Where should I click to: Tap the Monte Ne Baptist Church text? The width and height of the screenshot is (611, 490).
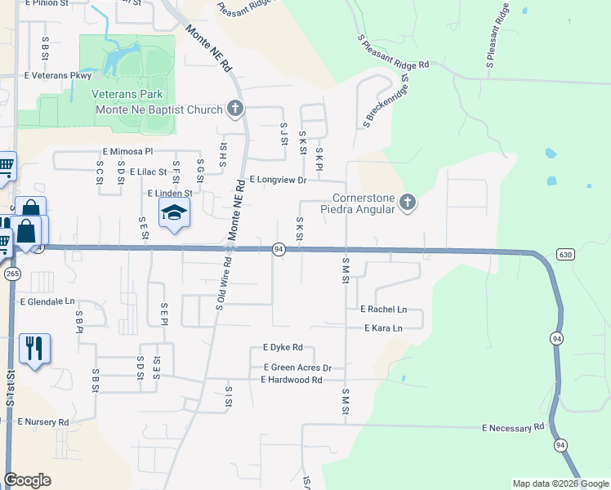coord(159,110)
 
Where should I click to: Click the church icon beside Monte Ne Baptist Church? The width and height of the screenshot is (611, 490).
coord(235,108)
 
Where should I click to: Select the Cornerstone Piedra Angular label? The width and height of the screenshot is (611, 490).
coord(364,203)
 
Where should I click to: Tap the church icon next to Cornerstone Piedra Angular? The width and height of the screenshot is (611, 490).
coord(408,203)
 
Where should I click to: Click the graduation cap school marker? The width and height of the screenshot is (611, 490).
coord(173,214)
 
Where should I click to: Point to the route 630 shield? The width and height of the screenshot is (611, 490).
coord(565,255)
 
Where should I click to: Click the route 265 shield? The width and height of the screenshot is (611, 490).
coord(12,274)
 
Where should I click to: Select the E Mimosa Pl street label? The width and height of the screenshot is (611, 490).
coord(127,152)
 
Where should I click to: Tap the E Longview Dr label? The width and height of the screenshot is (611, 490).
coord(278,180)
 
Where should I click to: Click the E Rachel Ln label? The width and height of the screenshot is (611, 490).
coord(383,310)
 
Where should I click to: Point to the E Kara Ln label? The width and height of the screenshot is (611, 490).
coord(383,328)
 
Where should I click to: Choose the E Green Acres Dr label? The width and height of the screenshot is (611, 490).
coord(297,368)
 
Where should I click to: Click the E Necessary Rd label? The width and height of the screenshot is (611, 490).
coord(512,428)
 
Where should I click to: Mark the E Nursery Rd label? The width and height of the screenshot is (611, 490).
coord(43,422)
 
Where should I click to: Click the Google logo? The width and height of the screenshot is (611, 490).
coord(28,480)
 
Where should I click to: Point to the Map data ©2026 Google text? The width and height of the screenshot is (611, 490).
coord(560,483)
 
